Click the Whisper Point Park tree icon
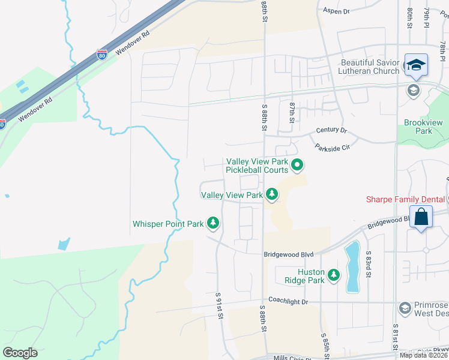tap(212, 223)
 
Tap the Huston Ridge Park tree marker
tap(334, 275)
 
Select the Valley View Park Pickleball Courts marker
tap(297, 164)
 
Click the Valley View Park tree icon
tap(273, 194)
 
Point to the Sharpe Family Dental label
tap(406, 200)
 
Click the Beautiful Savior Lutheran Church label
tap(370, 67)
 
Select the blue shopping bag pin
tap(422, 217)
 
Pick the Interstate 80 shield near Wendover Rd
tap(103, 56)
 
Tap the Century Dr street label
tap(332, 130)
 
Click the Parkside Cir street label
tap(332, 148)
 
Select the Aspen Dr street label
tap(336, 11)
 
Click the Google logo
tap(20, 353)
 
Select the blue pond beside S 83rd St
tap(352, 266)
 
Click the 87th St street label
tap(292, 112)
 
